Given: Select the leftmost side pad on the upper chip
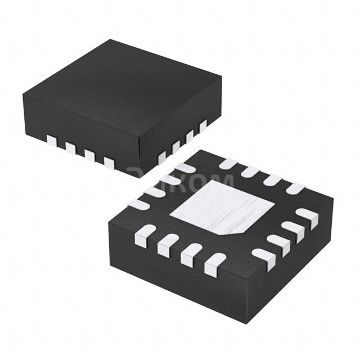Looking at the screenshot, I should click(52, 140).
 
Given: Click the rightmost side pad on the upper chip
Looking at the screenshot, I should click(202, 126).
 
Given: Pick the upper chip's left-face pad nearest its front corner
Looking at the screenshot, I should click(109, 163).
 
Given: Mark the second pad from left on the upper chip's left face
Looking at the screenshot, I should click(70, 147).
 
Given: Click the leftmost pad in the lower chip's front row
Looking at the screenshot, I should click(145, 236).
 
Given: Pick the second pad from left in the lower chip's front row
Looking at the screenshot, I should click(168, 245).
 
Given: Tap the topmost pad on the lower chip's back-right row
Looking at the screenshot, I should click(228, 164).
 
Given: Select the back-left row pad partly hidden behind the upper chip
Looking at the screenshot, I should click(184, 168).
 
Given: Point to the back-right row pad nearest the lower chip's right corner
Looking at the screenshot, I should click(295, 188).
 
